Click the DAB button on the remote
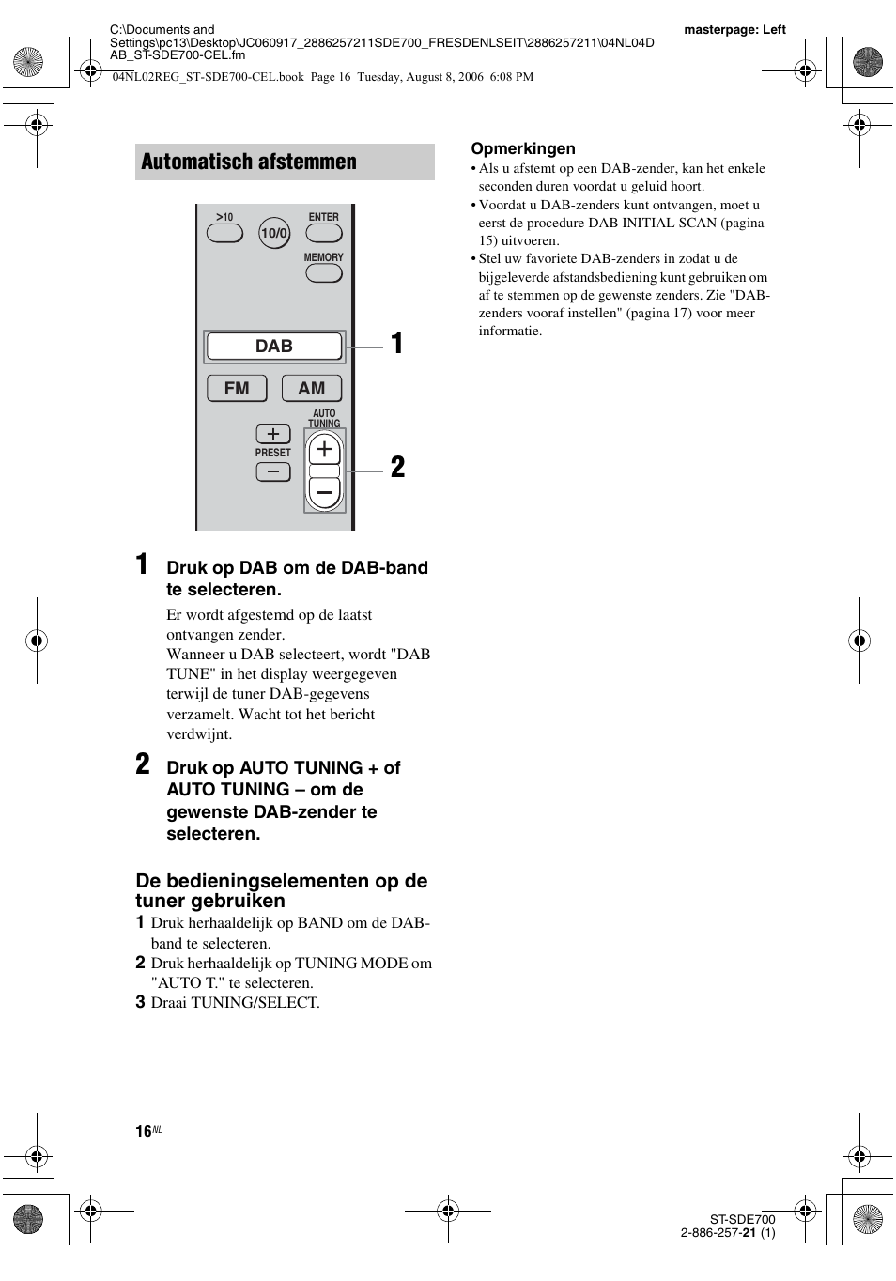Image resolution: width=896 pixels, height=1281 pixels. pos(274,347)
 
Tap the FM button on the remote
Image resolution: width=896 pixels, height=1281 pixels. pos(237,388)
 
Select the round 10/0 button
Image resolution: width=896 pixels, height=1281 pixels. pos(274,233)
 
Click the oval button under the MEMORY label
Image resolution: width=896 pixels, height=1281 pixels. pos(323,273)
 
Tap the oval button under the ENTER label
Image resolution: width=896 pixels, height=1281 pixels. pos(323,233)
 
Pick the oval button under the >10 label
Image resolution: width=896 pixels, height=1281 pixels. pos(224,233)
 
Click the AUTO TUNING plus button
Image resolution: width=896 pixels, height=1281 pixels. pos(325,450)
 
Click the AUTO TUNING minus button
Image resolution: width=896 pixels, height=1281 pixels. pos(325,492)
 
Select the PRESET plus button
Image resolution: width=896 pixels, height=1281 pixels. pos(273,434)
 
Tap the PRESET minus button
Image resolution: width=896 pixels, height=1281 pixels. pos(273,472)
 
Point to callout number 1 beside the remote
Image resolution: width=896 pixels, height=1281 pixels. pos(397,344)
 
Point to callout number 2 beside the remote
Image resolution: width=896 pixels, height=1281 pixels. pos(397,468)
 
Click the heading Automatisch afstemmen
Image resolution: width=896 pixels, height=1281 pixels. pos(249,162)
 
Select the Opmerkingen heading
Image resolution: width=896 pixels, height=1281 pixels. pos(523,148)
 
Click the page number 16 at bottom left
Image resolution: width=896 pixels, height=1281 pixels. pos(144,1132)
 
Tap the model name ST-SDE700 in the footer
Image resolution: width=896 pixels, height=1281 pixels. pos(742,1220)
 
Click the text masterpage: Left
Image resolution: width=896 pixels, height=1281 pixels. pos(734,30)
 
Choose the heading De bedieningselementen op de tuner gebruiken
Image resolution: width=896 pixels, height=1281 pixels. pos(281,890)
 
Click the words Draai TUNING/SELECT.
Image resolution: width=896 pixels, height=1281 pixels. pos(235,1003)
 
